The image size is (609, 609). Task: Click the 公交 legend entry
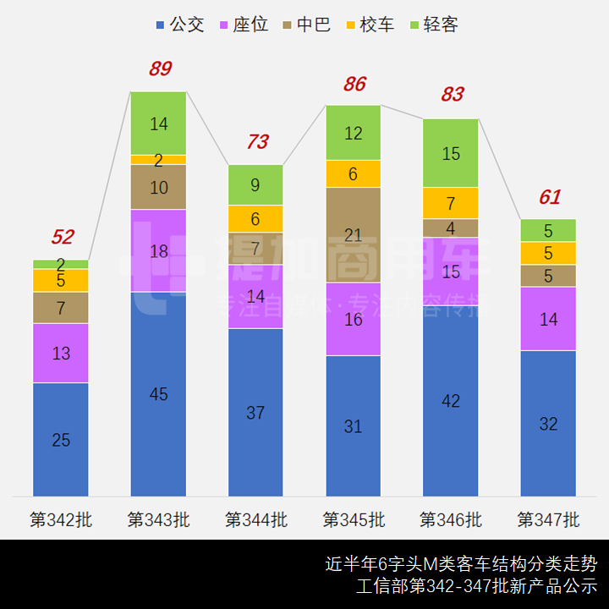point(180,25)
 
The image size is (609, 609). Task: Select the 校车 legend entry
point(369,25)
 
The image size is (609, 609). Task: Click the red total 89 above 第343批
point(160,69)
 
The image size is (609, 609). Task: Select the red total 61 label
point(550,197)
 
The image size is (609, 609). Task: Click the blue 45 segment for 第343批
point(158,394)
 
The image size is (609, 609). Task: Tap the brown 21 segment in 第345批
point(354,234)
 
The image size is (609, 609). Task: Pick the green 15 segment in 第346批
point(451,153)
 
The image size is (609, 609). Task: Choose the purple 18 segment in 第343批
point(158,250)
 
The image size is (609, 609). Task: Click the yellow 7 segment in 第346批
point(451,203)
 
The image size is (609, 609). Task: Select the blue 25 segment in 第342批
point(61,440)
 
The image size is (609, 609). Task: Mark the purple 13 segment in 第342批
point(61,354)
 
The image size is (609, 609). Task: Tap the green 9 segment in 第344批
point(255,184)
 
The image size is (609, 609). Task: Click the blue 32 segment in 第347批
point(548,424)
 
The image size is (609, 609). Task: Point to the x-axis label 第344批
point(255,519)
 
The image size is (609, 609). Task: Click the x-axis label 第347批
point(548,519)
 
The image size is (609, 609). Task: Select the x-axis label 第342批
point(61,519)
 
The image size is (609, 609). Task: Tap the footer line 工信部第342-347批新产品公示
point(476,586)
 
